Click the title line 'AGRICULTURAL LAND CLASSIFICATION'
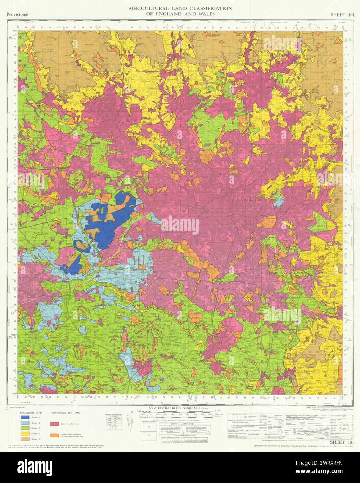pyautogui.click(x=180, y=8)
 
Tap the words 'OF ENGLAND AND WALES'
pyautogui.click(x=180, y=14)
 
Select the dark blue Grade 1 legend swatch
pyautogui.click(x=25, y=417)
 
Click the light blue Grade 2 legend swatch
pyautogui.click(x=25, y=422)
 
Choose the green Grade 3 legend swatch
pyautogui.click(x=25, y=428)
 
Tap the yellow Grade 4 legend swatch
pyautogui.click(x=25, y=434)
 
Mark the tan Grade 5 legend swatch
pyautogui.click(x=25, y=440)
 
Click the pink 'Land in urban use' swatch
pyautogui.click(x=54, y=424)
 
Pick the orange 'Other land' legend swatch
pyautogui.click(x=54, y=435)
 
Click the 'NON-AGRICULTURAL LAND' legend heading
pyautogui.click(x=66, y=412)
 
